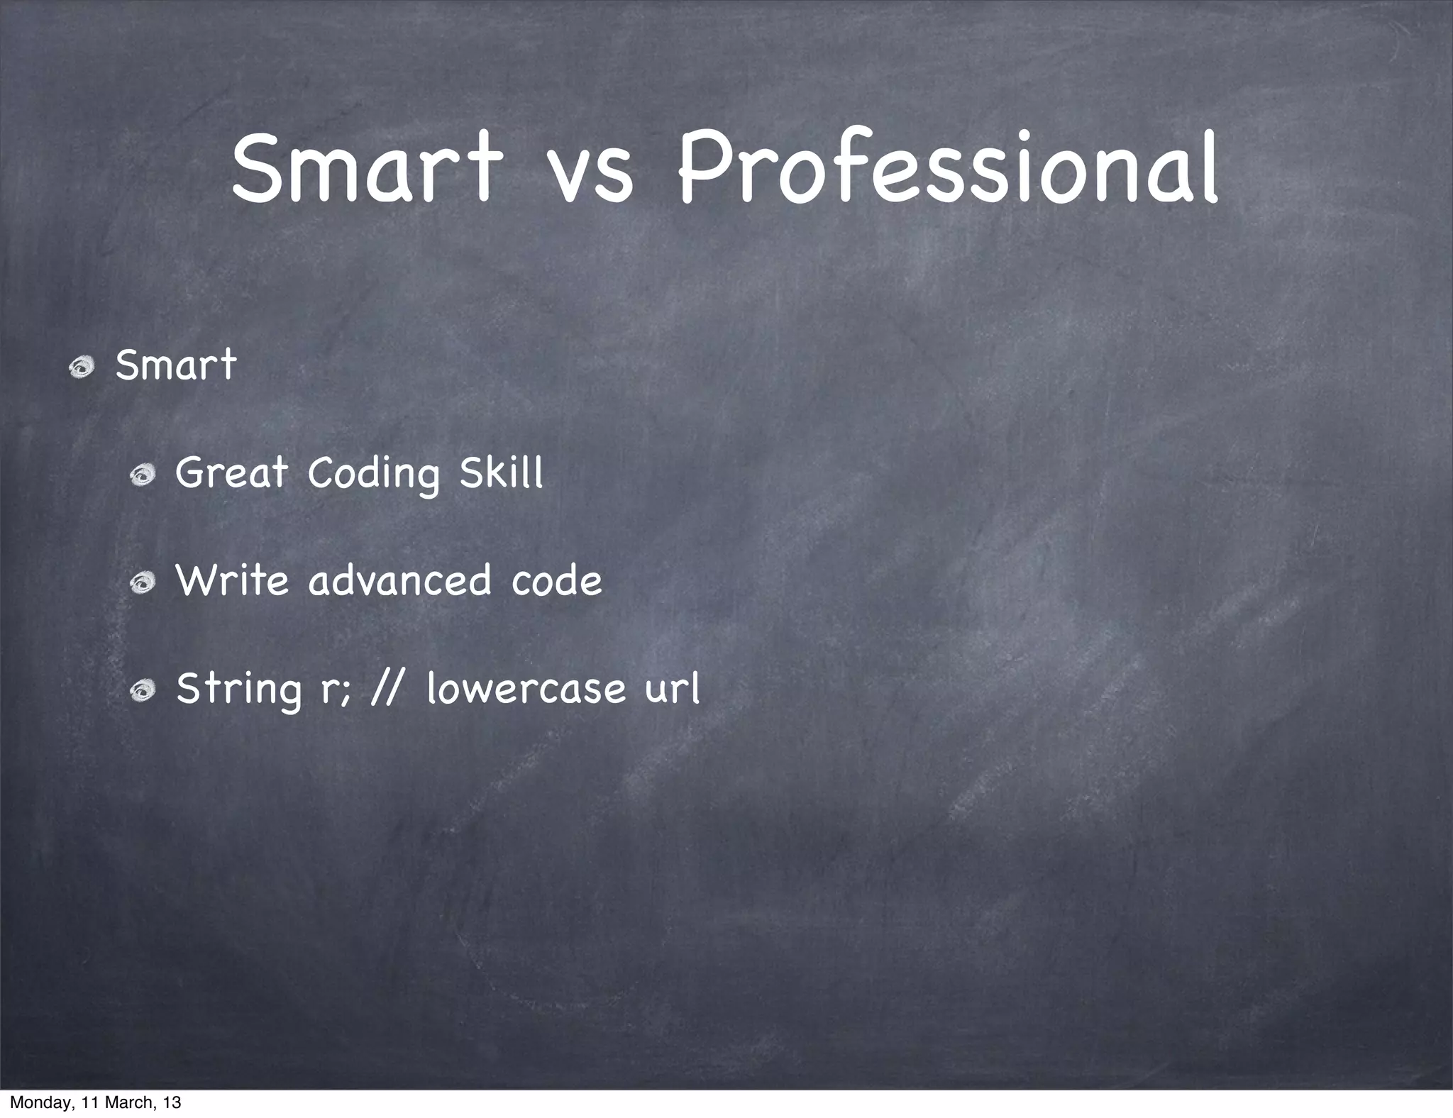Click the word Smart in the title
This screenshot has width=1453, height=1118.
pos(366,169)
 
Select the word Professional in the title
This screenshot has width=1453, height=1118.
pos(948,169)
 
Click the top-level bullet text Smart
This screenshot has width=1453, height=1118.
pos(175,366)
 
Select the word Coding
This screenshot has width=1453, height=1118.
pos(373,474)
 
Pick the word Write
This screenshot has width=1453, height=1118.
pos(232,580)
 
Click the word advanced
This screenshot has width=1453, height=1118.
pos(399,580)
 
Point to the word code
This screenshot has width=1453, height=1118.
pos(556,580)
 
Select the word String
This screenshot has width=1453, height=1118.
pos(238,690)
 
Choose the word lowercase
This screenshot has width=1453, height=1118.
pos(526,688)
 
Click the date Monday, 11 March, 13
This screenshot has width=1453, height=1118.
pos(95,1102)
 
